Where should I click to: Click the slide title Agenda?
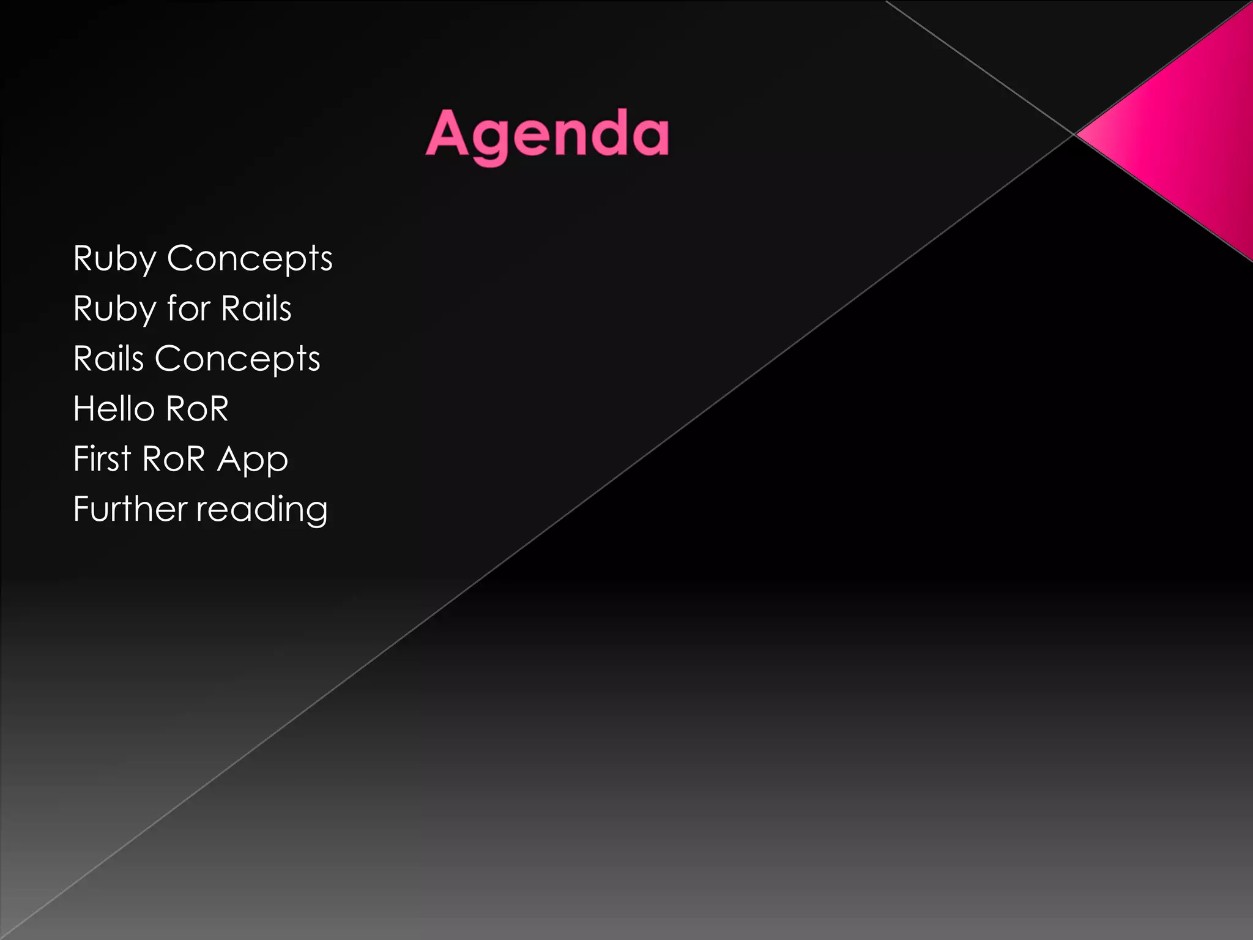coord(547,134)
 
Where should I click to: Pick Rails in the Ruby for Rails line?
coord(256,308)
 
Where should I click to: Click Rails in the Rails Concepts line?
coord(108,358)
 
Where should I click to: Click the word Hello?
coord(114,408)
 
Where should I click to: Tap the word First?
coord(102,458)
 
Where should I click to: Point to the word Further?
coord(130,509)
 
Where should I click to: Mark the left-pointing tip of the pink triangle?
coord(1078,133)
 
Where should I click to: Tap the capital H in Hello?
coord(83,408)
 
